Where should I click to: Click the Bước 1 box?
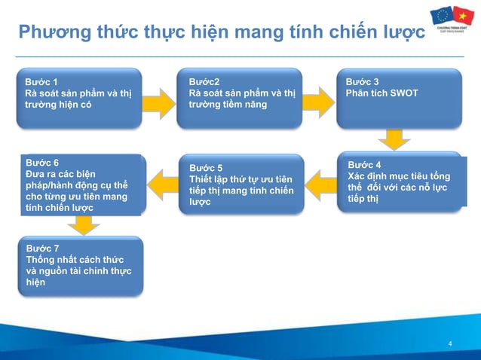click(80, 97)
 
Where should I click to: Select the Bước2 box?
click(244, 97)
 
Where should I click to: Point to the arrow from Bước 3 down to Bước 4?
click(393, 140)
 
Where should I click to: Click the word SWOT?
click(403, 93)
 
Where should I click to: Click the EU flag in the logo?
click(442, 15)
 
